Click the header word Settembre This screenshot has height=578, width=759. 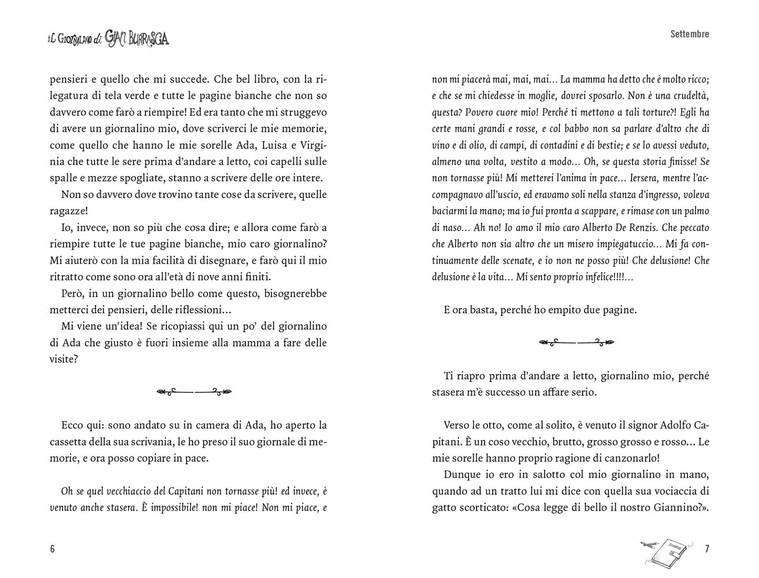(689, 34)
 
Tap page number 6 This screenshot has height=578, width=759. (52, 549)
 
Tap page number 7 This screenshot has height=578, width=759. (706, 549)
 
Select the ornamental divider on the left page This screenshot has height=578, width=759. (194, 391)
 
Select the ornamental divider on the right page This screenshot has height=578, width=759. (576, 342)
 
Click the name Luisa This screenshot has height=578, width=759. (266, 145)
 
